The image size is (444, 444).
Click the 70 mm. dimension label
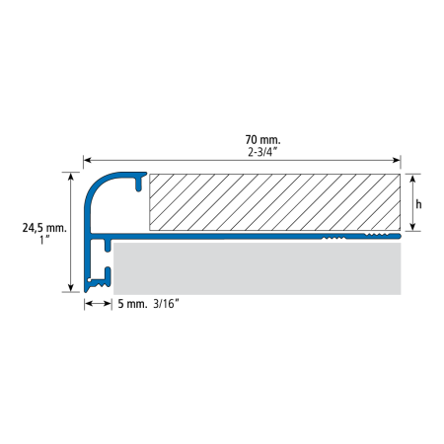[262, 140]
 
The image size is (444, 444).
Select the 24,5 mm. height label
[44, 228]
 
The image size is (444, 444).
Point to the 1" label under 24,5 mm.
[44, 240]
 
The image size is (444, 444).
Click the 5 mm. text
[132, 304]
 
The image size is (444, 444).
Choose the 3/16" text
[166, 304]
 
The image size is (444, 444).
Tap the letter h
[418, 204]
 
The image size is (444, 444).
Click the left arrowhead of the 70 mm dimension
[87, 160]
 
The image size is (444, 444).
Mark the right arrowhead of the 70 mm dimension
[397, 160]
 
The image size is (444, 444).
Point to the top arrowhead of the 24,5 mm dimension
[71, 177]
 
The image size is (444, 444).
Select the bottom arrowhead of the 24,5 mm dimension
[71, 288]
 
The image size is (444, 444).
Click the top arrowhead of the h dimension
[412, 179]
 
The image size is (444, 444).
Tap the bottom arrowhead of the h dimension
[412, 226]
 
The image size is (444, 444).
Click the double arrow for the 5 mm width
[98, 303]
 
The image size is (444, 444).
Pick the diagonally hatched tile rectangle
[275, 202]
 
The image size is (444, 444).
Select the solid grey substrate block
[258, 268]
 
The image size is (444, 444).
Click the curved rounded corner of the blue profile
[96, 185]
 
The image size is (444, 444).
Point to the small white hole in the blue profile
[89, 280]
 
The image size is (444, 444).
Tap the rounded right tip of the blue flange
[399, 236]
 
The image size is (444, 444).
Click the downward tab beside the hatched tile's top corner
[139, 185]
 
